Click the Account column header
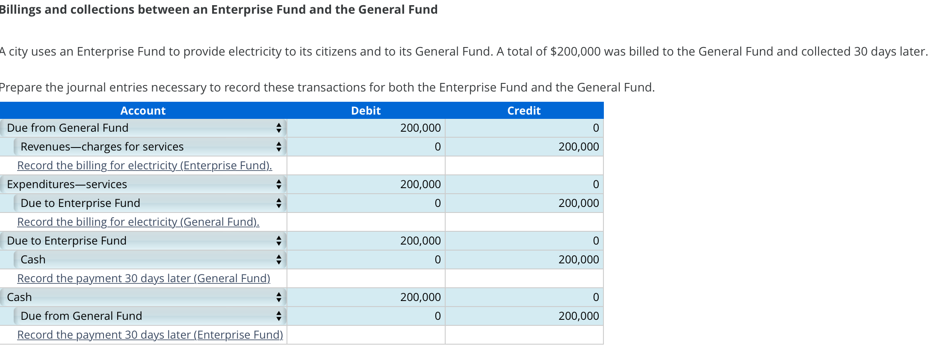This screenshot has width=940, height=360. tap(143, 111)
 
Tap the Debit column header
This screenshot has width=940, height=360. tap(366, 111)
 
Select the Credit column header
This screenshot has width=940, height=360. tap(524, 111)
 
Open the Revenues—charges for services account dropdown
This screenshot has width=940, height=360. tap(150, 147)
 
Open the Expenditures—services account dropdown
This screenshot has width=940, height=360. tap(143, 184)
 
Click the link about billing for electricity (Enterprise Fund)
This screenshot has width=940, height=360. tap(145, 165)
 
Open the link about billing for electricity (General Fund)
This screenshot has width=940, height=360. tap(138, 222)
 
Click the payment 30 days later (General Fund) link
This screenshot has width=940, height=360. tap(144, 278)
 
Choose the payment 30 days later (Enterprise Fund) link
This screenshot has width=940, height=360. tap(150, 335)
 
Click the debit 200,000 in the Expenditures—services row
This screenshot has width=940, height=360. tap(420, 184)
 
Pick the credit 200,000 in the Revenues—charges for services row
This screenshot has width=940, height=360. tap(579, 147)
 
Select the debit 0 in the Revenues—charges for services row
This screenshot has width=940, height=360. tap(437, 147)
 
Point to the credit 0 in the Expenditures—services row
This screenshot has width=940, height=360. tap(596, 184)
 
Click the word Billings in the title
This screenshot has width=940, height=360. tap(20, 9)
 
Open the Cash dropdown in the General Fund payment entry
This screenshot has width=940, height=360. tap(150, 260)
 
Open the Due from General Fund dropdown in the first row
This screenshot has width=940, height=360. tap(143, 128)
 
